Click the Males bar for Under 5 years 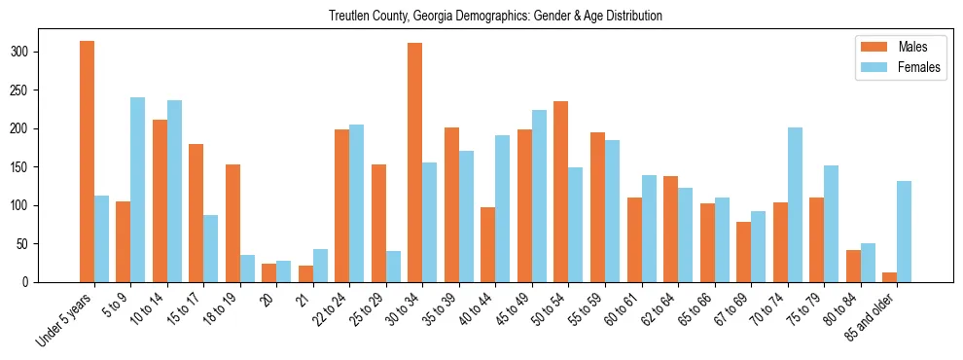pyautogui.click(x=87, y=162)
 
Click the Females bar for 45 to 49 pyautogui.click(x=539, y=196)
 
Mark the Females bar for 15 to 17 pyautogui.click(x=210, y=248)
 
